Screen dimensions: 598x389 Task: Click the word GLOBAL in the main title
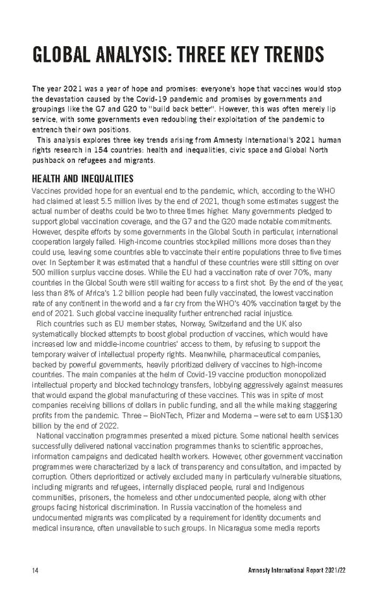(x=63, y=55)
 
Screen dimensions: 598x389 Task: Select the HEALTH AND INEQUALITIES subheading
(x=83, y=179)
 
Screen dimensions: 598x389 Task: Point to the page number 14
(x=36, y=571)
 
